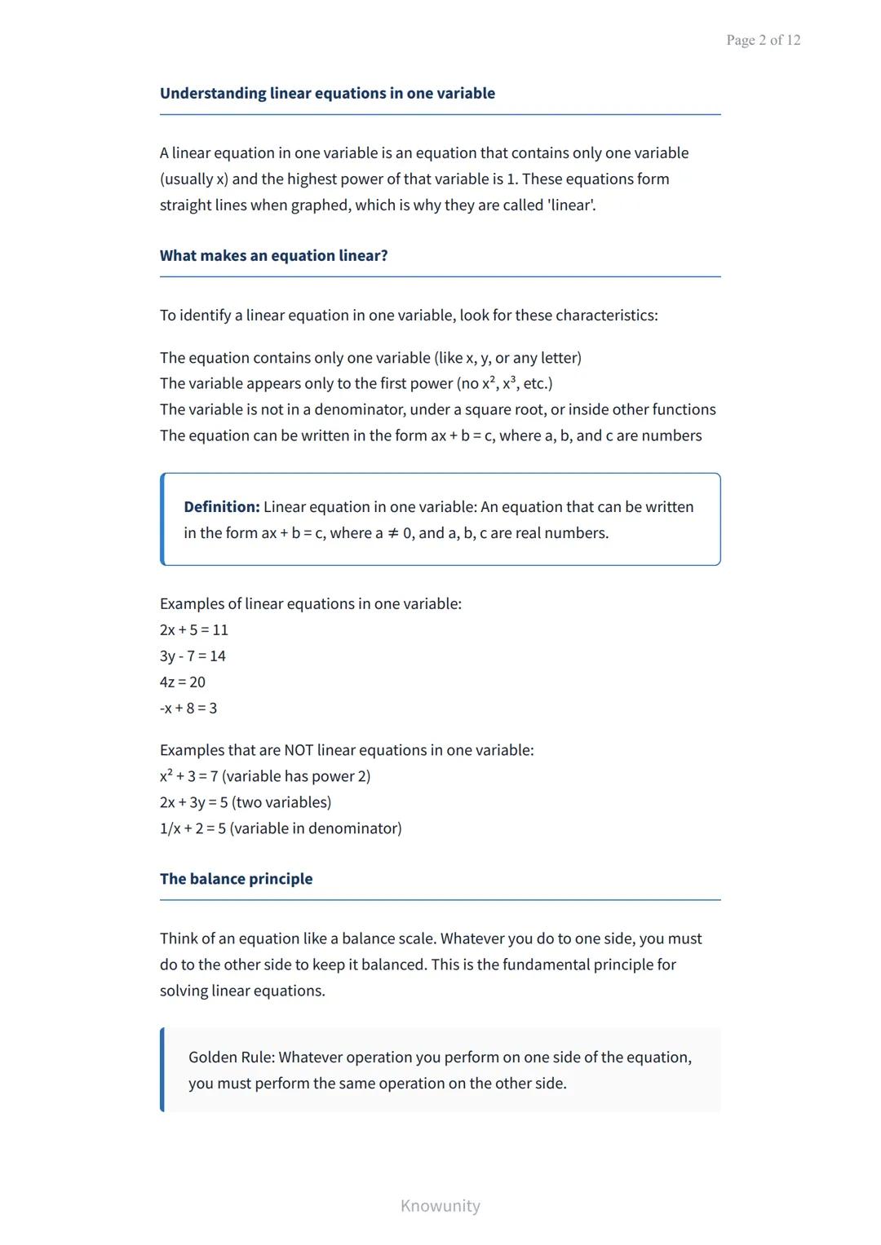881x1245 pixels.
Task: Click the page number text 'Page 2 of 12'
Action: pos(763,40)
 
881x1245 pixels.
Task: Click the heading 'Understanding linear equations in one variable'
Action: pos(327,93)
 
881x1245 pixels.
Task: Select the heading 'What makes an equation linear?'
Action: pos(273,255)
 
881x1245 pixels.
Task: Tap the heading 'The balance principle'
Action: pos(236,878)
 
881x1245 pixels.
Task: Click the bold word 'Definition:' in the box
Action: pos(221,506)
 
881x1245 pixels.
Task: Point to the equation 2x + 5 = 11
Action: pos(194,629)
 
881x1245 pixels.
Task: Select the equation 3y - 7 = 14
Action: pos(193,656)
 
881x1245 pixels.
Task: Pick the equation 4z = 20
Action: pos(183,682)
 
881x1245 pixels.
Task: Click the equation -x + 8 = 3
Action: pos(188,708)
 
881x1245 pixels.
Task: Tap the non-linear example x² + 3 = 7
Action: pos(188,776)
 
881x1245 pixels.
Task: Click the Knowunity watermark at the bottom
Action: pos(440,1205)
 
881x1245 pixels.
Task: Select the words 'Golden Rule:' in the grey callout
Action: pos(232,1057)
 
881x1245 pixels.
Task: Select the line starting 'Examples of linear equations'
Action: pos(310,603)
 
